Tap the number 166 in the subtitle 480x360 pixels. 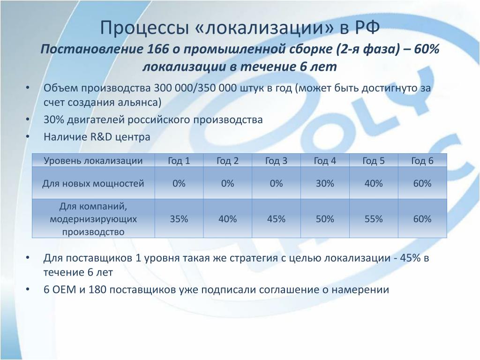coord(157,49)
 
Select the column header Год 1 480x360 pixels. coord(179,161)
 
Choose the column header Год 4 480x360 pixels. coord(325,161)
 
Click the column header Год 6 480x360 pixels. coord(422,161)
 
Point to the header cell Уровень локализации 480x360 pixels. coord(93,161)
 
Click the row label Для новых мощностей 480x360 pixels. coord(93,183)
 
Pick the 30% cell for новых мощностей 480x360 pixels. coord(325,183)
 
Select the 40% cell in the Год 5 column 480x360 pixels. coord(374,183)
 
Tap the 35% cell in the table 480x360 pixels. coord(179,219)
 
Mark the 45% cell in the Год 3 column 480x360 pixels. coord(276,219)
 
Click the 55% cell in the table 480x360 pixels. coord(374,219)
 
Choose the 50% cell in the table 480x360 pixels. coord(325,219)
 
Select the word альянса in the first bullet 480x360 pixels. coord(139,102)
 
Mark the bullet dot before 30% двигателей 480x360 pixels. coord(28,120)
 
